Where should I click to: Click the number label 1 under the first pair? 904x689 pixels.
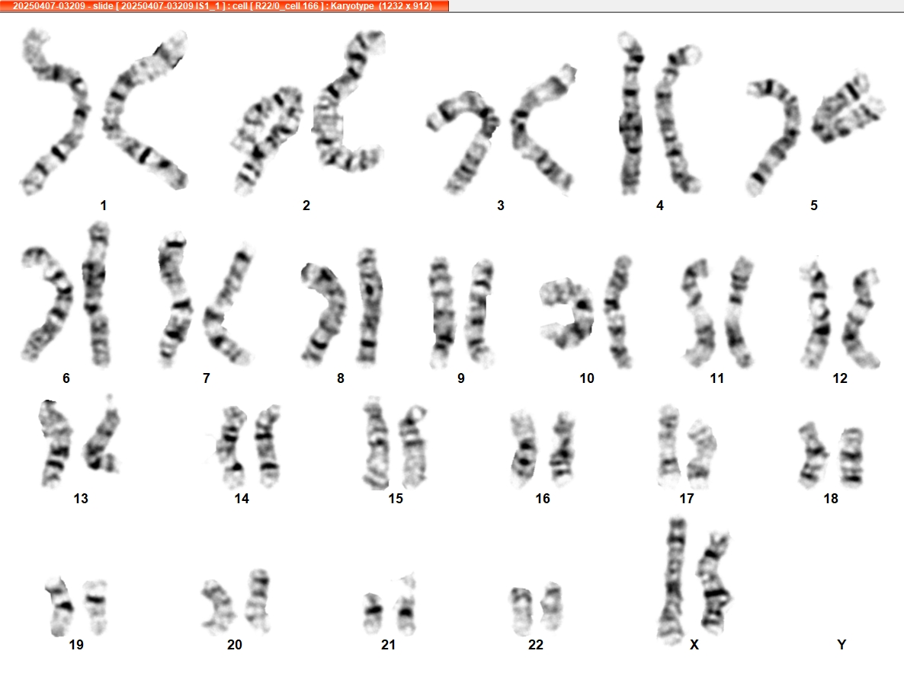(103, 205)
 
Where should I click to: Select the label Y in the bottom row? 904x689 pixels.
(841, 645)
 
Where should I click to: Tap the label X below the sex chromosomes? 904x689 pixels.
(694, 645)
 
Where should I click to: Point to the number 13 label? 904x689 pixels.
(81, 499)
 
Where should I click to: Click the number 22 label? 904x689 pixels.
(536, 645)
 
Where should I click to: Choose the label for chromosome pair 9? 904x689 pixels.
(460, 378)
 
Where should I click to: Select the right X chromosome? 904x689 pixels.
(713, 582)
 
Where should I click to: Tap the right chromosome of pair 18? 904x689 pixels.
(851, 456)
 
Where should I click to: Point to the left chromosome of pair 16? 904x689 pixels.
(524, 449)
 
